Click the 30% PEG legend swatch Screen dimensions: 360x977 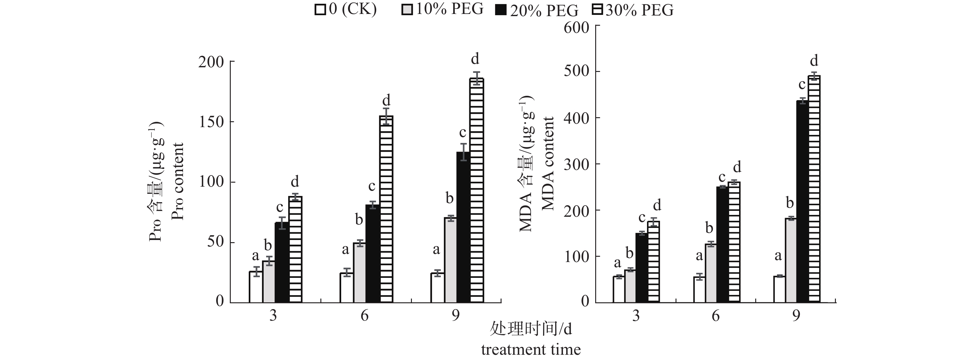597,10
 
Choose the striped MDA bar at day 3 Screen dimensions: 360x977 654,262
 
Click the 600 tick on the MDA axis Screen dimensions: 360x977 577,27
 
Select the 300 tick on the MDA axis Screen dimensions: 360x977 577,165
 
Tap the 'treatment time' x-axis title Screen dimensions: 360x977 531,349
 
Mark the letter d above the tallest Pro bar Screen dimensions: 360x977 475,59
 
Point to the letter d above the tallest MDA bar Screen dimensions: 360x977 814,61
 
